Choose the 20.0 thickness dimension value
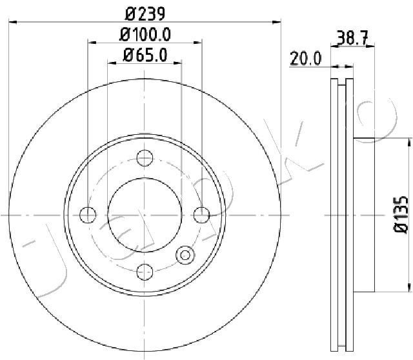click(x=305, y=59)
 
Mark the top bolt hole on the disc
click(x=145, y=157)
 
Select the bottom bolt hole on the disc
click(x=145, y=272)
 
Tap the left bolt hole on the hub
click(x=88, y=214)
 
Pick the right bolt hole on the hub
click(x=203, y=214)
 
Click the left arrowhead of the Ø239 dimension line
click(x=12, y=21)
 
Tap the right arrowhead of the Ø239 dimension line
click(x=279, y=21)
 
